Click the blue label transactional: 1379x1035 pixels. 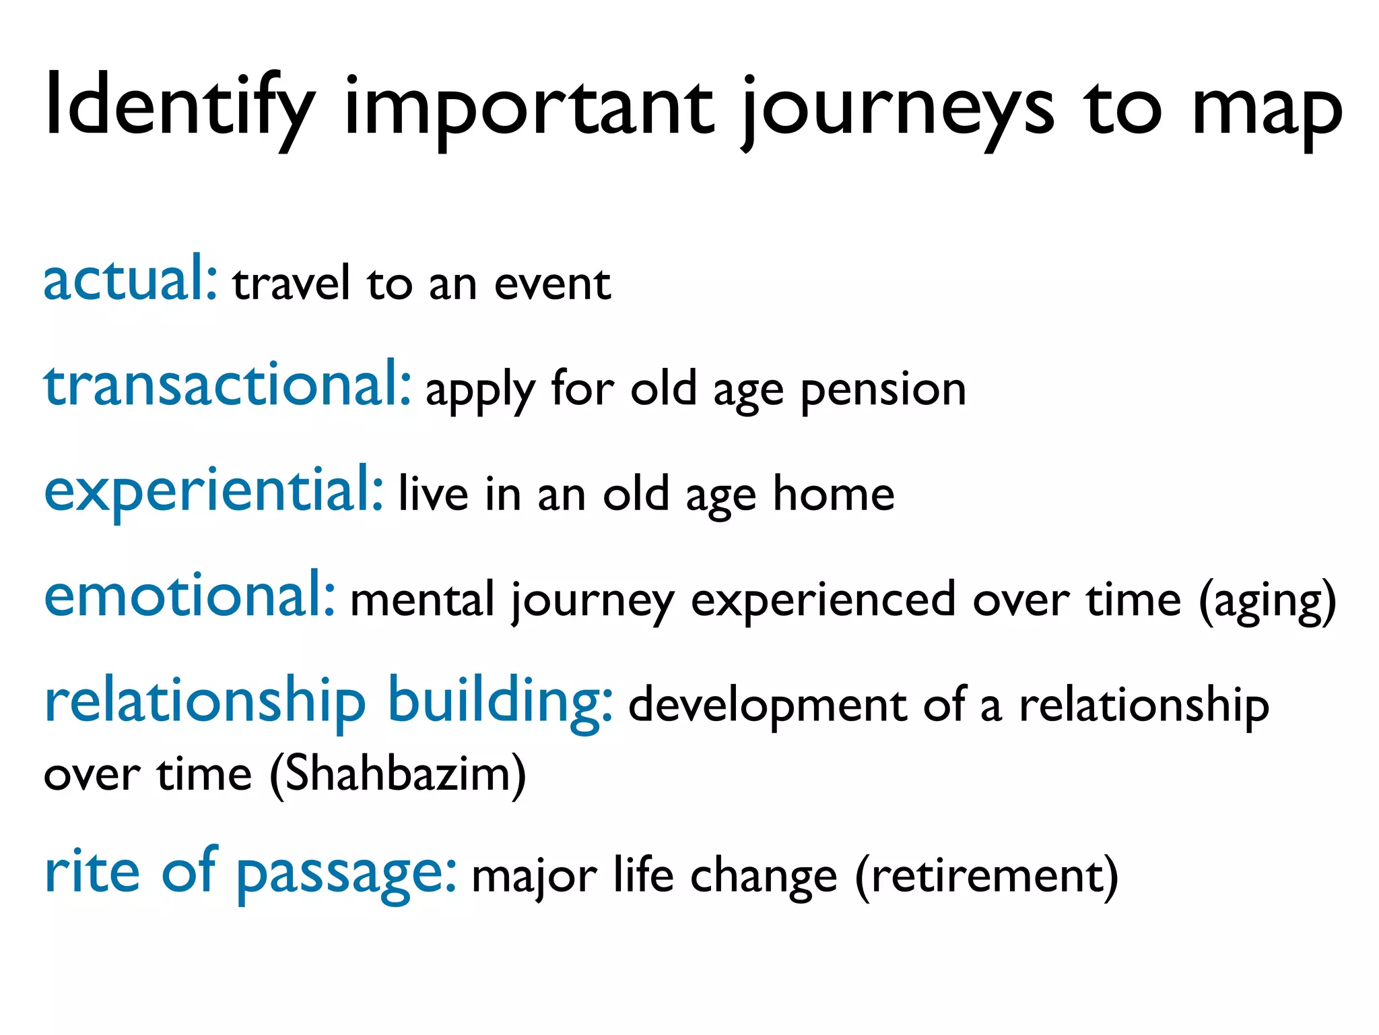pos(227,385)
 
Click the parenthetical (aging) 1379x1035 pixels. pos(1267,602)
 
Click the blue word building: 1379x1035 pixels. pos(500,703)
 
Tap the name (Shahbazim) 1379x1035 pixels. pos(397,775)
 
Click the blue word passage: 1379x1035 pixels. pos(346,874)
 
